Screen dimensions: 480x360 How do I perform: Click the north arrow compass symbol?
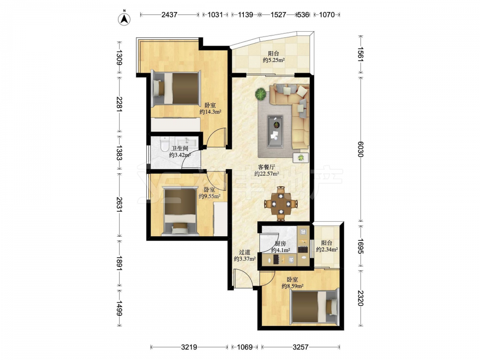coord(124,18)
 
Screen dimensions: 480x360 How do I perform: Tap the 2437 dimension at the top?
coord(169,14)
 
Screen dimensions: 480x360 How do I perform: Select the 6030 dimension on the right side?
coord(360,149)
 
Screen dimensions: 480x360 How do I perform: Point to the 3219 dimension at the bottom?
coord(189,347)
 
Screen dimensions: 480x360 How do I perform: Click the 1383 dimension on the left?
coord(119,153)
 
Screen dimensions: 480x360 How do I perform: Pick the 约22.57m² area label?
coord(266,174)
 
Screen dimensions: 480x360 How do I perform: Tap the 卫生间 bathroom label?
coord(180,148)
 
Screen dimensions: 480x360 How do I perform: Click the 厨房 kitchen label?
coord(280,244)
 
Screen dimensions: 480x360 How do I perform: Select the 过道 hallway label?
coord(245,252)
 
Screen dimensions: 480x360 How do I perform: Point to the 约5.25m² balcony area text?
coord(274,60)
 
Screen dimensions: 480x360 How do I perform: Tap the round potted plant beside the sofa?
coord(261,94)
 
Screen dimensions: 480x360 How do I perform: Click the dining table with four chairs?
coord(281,204)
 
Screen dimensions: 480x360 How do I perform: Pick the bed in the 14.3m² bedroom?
coord(177,88)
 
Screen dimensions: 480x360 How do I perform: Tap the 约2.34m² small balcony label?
coord(326,250)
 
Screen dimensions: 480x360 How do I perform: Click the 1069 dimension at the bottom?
coord(245,347)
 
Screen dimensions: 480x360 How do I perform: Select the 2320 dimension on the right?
coord(360,298)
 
